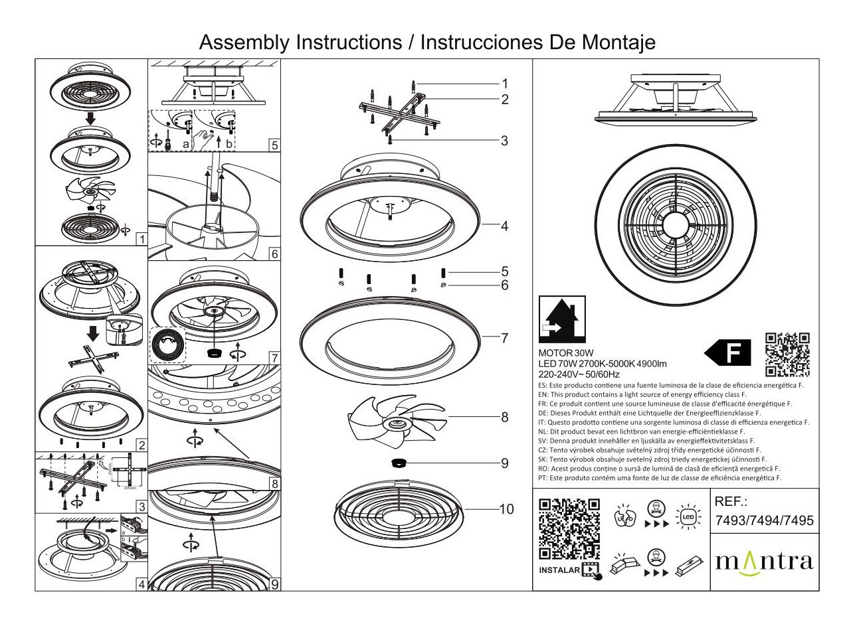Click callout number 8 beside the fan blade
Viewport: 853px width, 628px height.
coord(504,418)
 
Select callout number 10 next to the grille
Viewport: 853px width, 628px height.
coord(506,509)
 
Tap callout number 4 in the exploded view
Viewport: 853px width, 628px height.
coord(504,226)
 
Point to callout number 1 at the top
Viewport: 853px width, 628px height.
coord(504,84)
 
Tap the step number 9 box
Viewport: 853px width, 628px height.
coord(274,584)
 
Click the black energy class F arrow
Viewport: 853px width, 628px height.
coord(728,353)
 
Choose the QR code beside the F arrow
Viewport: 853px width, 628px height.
coord(787,354)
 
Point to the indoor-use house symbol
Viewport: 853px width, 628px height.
coord(561,319)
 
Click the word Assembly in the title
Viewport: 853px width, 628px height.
coord(244,42)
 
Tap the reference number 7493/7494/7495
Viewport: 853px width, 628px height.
coord(763,521)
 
